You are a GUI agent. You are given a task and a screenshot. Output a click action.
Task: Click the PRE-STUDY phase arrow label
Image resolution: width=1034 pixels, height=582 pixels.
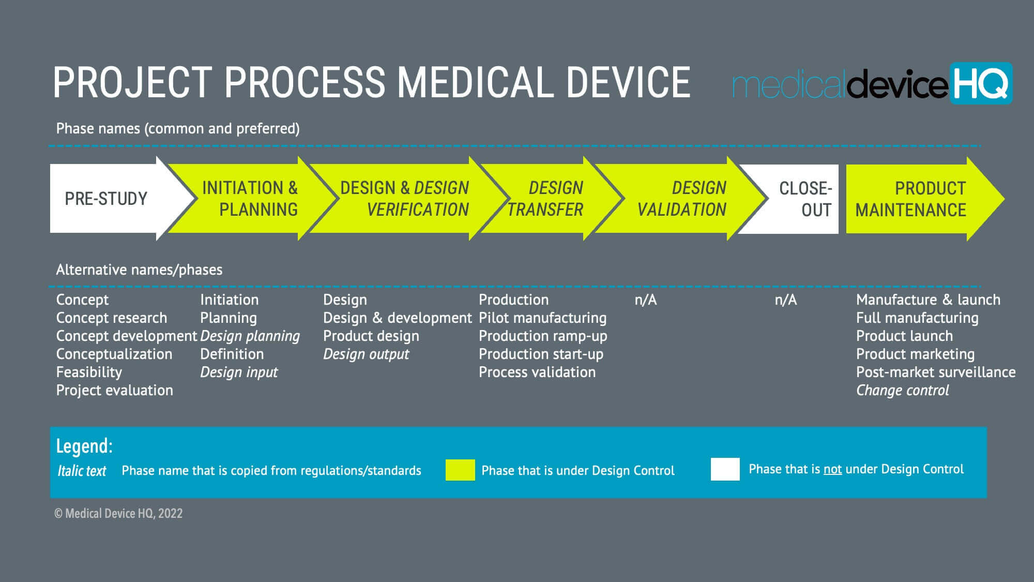pyautogui.click(x=106, y=199)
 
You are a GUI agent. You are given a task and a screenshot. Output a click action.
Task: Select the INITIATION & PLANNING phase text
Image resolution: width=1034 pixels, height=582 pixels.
pyautogui.click(x=250, y=199)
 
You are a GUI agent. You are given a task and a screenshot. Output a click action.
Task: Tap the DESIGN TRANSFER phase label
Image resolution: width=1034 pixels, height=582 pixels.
pyautogui.click(x=545, y=199)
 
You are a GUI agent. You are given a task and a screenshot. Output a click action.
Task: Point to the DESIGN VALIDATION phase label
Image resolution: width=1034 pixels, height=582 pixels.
pyautogui.click(x=681, y=199)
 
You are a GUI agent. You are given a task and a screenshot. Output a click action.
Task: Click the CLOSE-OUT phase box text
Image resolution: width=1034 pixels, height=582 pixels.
pyautogui.click(x=805, y=199)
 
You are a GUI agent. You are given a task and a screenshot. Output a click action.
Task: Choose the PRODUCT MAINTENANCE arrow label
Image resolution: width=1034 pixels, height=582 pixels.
pyautogui.click(x=910, y=199)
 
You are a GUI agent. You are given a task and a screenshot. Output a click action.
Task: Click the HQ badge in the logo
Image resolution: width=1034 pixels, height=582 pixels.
pyautogui.click(x=981, y=83)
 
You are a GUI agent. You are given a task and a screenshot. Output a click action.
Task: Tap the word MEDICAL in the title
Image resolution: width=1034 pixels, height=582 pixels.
pyautogui.click(x=476, y=83)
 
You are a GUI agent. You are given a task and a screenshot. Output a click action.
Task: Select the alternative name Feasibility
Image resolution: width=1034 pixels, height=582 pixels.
pyautogui.click(x=89, y=372)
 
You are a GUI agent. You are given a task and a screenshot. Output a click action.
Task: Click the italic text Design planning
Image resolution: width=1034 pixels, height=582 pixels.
pyautogui.click(x=250, y=336)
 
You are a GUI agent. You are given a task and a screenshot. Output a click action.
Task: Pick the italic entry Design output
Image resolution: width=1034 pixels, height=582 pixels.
pyautogui.click(x=366, y=354)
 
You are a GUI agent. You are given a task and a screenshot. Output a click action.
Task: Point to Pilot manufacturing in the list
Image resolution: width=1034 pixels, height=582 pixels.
pyautogui.click(x=542, y=318)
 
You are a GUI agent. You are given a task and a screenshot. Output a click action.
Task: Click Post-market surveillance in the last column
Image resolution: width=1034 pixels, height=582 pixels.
pyautogui.click(x=935, y=372)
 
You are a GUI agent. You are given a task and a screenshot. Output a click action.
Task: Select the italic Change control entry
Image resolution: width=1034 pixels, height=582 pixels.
pyautogui.click(x=902, y=390)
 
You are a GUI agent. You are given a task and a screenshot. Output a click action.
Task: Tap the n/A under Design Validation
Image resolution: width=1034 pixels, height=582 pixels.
pyautogui.click(x=645, y=300)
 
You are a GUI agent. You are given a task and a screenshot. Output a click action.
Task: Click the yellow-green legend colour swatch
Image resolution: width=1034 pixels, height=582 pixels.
pyautogui.click(x=460, y=470)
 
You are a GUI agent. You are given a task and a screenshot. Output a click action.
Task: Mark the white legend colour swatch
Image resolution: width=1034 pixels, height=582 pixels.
pyautogui.click(x=725, y=469)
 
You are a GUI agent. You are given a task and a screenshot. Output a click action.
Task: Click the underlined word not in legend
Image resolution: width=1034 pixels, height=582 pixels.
pyautogui.click(x=832, y=469)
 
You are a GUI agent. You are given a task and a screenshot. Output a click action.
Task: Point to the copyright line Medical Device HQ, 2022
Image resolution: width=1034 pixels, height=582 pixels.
pyautogui.click(x=118, y=513)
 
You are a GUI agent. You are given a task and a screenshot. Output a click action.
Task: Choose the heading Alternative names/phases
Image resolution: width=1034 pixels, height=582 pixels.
pyautogui.click(x=139, y=270)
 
